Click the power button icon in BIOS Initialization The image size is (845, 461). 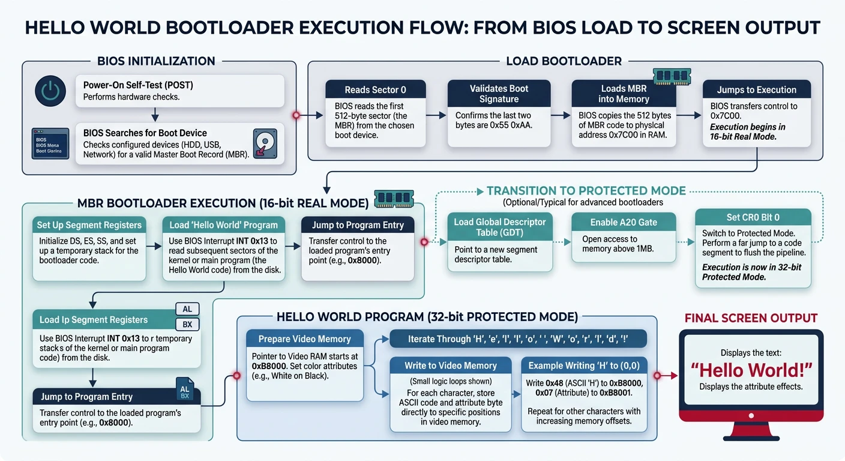pos(50,91)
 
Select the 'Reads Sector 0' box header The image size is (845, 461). pos(375,89)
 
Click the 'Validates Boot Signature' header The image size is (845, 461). pos(498,94)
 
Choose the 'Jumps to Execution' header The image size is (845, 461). pos(756,89)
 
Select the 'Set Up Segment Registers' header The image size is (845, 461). pos(89,225)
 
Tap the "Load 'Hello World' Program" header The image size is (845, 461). pos(223,225)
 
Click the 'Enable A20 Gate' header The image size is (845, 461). pos(624,222)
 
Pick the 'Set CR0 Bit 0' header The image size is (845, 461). pos(753,217)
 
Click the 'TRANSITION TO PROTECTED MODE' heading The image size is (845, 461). pos(586,191)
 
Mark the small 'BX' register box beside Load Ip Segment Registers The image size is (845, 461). pos(187,325)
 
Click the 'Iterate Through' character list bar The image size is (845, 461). pos(518,339)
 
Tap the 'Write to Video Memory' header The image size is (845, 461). pos(450,366)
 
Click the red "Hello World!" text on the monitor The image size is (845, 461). pos(751,369)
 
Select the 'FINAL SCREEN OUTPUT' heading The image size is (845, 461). pos(751,318)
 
